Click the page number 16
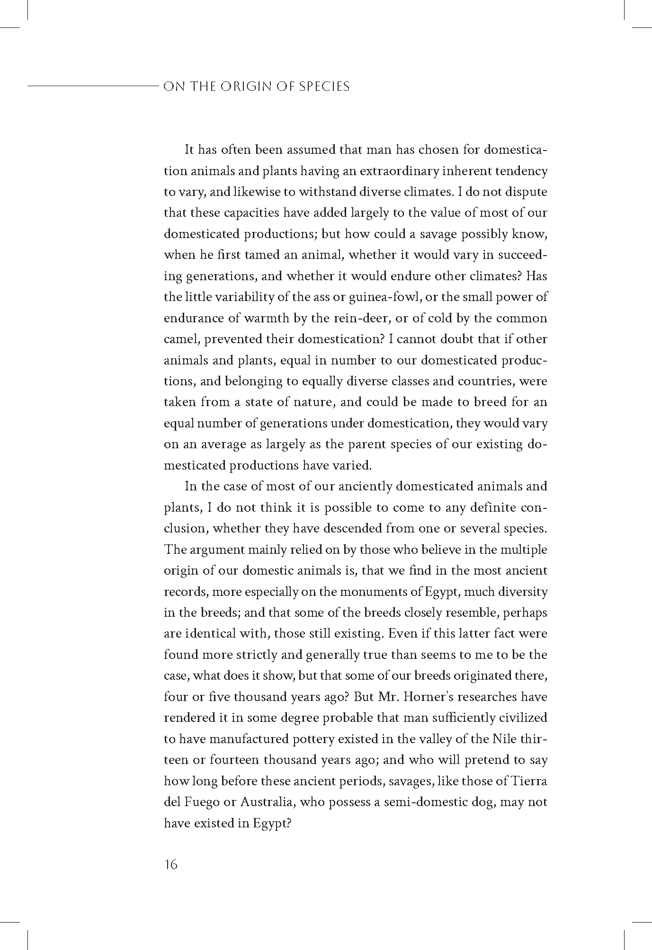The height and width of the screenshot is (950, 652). (170, 865)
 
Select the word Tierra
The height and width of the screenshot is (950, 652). (529, 781)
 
